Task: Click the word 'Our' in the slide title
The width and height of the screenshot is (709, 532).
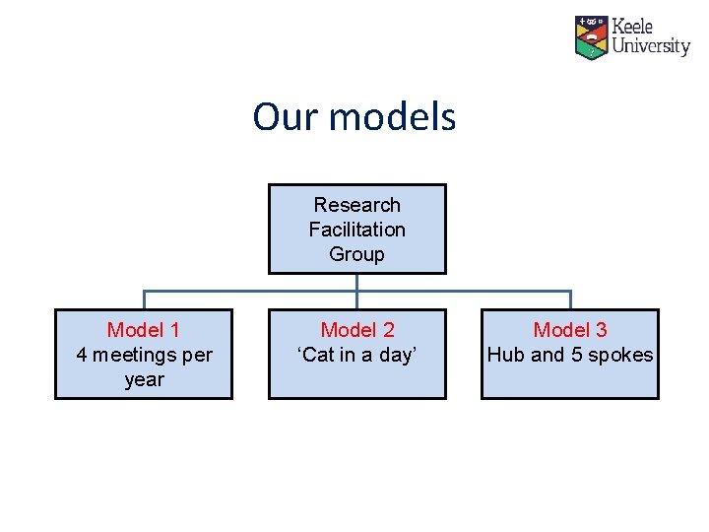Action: pos(286,117)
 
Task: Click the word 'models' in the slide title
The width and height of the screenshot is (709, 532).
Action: pos(392,117)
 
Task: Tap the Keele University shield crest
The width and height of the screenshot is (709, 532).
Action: pos(591,36)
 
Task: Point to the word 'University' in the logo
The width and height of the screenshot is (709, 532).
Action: pos(651,46)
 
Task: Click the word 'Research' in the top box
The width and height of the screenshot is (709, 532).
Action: pos(356,205)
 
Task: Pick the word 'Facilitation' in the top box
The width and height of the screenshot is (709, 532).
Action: pos(356,230)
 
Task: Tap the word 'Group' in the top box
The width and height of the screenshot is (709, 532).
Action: pos(356,254)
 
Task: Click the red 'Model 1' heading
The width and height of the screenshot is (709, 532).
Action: pos(144,330)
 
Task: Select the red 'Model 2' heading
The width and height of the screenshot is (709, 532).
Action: pos(356,330)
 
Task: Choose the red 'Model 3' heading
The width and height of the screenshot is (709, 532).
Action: pos(569,330)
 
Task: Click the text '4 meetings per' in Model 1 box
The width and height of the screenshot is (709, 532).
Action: pos(144,355)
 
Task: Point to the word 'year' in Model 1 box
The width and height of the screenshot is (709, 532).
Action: pos(144,380)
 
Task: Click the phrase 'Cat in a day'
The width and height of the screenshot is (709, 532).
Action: pos(356,355)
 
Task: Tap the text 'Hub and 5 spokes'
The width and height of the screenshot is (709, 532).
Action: pos(569,355)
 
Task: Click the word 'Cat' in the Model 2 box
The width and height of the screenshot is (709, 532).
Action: pos(318,355)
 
